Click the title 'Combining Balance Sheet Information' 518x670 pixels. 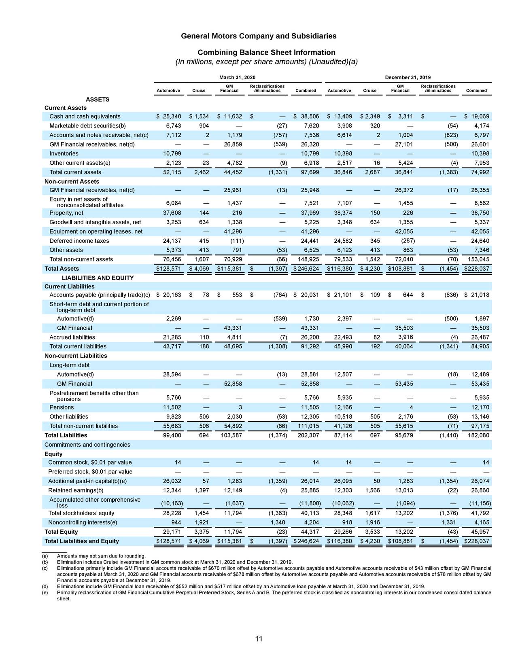coord(266,53)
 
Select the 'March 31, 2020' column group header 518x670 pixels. coord(237,77)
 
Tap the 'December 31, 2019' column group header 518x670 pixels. coord(408,77)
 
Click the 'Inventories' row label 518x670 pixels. coord(64,154)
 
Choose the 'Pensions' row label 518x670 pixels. coord(62,407)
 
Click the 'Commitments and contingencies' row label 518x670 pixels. coord(87,445)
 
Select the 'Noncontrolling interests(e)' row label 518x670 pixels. coord(83,522)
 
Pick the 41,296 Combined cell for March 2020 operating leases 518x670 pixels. coord(310,231)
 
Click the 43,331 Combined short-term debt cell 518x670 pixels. coord(310,328)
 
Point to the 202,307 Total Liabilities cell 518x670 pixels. coord(309,435)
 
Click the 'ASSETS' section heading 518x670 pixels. coord(97,100)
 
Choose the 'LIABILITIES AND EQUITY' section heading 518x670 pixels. coord(98,278)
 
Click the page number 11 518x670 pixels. coord(259,639)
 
